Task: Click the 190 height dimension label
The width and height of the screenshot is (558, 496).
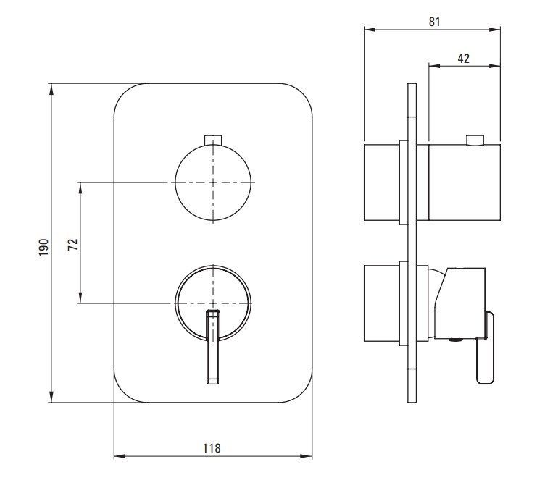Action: pos(43,248)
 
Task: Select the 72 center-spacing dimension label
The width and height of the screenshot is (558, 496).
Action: pos(72,244)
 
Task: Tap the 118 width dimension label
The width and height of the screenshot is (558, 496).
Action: pos(212,448)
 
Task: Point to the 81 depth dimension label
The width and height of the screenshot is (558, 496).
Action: pos(435,22)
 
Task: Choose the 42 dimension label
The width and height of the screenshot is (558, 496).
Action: pos(463,59)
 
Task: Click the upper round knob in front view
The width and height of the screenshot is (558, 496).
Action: pos(213,182)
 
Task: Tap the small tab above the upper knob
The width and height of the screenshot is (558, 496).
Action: pos(213,140)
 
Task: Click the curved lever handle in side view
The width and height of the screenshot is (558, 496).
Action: pos(486,348)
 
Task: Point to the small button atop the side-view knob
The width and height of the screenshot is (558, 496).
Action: pos(475,140)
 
